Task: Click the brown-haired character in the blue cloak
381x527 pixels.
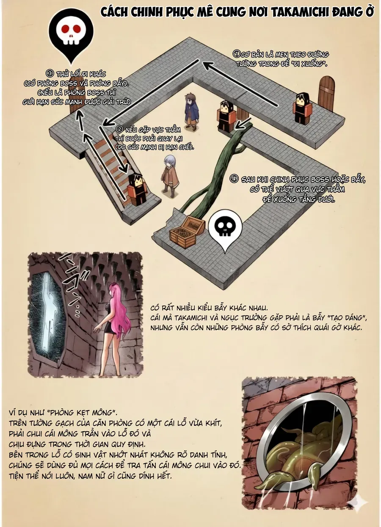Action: click(x=191, y=111)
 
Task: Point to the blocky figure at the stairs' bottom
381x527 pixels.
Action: click(x=137, y=189)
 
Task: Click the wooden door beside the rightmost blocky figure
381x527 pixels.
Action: click(x=326, y=92)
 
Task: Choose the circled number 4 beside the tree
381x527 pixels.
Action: click(x=234, y=180)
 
